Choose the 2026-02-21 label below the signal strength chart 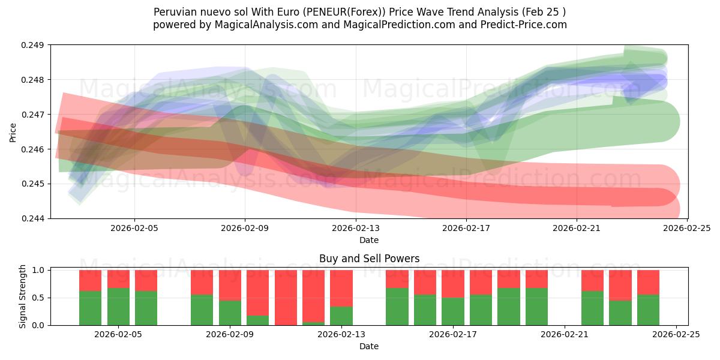[x=565, y=335]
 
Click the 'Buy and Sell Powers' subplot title [x=368, y=259]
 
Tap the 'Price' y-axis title [x=13, y=132]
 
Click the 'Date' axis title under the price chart [x=368, y=240]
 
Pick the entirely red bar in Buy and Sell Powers [x=286, y=298]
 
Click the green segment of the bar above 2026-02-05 [x=118, y=307]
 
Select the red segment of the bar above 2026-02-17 [x=453, y=284]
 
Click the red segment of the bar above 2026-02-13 [x=341, y=288]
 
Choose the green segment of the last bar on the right [x=648, y=310]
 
